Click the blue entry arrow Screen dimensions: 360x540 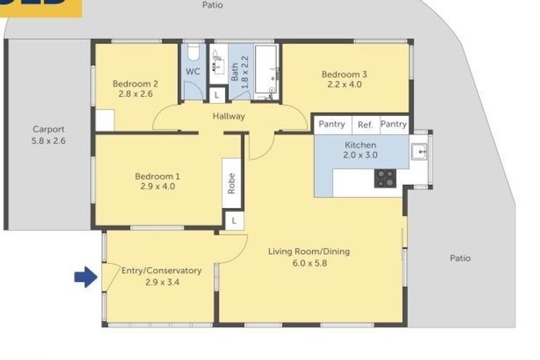coord(85,278)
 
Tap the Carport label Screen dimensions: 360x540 coord(49,129)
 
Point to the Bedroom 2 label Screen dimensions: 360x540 coord(135,84)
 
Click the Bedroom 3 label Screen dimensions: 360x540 coord(345,74)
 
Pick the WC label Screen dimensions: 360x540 coord(193,72)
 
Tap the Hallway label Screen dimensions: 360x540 coord(230,116)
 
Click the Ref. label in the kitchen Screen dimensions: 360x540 coord(366,124)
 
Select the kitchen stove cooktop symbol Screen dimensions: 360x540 coord(385,178)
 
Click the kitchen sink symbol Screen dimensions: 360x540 coord(419,150)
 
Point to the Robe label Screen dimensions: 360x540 coord(231,183)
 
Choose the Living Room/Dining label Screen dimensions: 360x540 coord(309,252)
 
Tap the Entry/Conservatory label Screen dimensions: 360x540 coord(162,271)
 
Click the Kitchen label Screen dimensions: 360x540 coord(361,145)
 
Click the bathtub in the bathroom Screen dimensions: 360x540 coord(266,70)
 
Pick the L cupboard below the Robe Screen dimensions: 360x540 coord(233,221)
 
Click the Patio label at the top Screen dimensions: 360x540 coord(212,5)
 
